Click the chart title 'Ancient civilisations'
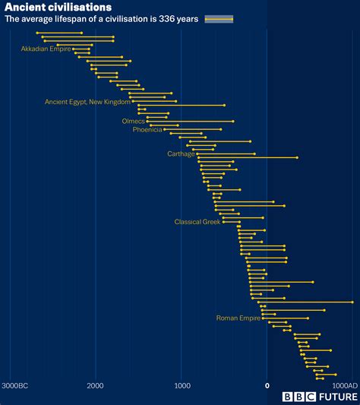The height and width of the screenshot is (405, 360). [x=58, y=8]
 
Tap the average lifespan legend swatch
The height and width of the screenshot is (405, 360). [x=219, y=20]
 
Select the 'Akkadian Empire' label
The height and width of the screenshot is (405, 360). [x=46, y=49]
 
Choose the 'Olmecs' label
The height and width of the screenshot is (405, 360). [x=133, y=121]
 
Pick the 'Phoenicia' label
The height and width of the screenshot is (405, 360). [x=147, y=130]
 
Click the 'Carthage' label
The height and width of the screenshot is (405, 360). [x=181, y=153]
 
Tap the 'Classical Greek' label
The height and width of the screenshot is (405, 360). [x=197, y=222]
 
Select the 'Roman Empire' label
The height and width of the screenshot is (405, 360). [x=238, y=318]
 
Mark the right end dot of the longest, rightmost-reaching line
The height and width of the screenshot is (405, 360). [x=352, y=302]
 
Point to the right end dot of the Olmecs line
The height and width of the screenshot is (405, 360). [x=232, y=121]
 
